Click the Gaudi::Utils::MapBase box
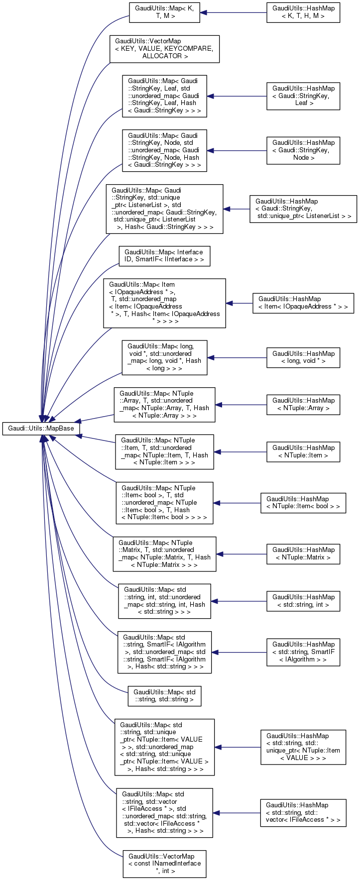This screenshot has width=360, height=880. (41, 428)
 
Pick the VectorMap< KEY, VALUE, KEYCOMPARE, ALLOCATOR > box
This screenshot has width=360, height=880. (164, 49)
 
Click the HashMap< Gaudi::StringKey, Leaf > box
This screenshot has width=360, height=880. (303, 96)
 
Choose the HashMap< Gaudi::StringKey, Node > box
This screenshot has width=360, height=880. (303, 150)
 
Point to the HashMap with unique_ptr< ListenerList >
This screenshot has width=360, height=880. (303, 209)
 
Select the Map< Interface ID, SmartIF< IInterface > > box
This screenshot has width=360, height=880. (164, 256)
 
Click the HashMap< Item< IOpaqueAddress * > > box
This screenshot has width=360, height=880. (303, 303)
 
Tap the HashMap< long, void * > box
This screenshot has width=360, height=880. (303, 357)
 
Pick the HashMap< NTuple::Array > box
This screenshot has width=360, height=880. (303, 404)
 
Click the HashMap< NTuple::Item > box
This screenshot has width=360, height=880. (303, 451)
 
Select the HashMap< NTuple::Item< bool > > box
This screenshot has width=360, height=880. (303, 503)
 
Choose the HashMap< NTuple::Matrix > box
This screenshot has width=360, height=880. (303, 554)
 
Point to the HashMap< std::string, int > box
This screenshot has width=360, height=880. (303, 601)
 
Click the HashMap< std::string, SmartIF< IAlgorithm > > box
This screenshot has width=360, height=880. (303, 652)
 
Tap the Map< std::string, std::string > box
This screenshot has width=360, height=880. (164, 696)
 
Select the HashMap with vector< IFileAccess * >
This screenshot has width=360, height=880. (303, 813)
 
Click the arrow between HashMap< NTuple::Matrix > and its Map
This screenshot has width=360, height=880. (241, 554)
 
